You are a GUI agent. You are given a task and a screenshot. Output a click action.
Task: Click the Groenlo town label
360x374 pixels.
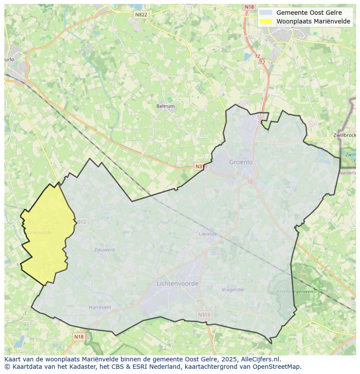point(241,162)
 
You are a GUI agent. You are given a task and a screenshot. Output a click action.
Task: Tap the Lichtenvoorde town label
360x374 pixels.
point(177,283)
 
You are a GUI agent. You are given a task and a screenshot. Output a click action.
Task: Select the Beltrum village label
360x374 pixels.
point(165,106)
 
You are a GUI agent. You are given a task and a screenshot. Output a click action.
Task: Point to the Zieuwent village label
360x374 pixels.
point(104,250)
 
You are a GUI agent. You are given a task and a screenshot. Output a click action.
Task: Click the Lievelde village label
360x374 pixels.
point(208,234)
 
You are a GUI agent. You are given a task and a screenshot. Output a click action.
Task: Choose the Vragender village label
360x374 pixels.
point(233,290)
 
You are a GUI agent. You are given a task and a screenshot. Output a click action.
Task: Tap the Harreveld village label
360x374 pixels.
point(100,307)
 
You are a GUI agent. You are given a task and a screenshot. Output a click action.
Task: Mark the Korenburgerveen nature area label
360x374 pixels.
point(294,292)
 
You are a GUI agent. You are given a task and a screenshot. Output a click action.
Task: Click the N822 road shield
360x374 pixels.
point(141,14)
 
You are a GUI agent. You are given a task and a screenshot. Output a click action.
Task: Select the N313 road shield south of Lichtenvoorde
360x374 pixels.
point(203,315)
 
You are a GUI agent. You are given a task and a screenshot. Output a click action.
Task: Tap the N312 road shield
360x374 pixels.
point(81,222)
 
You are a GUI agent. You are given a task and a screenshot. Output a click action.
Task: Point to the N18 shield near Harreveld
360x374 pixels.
point(79,337)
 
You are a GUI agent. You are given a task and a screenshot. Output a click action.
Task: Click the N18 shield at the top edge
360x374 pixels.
point(249,7)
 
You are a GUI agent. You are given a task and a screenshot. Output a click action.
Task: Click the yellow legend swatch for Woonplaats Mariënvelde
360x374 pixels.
point(266,21)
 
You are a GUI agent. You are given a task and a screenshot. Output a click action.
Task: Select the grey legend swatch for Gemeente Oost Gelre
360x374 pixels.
point(266,13)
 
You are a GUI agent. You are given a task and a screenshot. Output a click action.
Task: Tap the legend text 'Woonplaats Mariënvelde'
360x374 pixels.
point(313,21)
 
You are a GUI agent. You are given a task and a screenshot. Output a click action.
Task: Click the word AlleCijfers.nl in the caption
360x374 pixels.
point(260,359)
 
